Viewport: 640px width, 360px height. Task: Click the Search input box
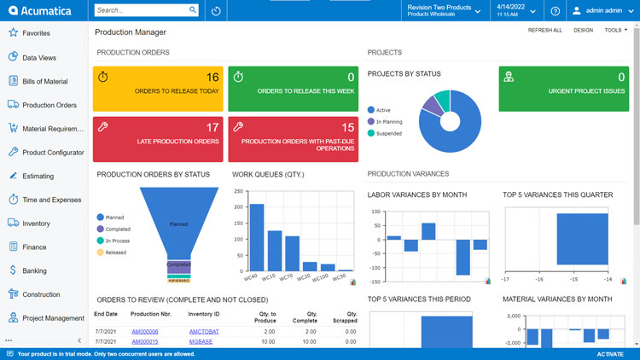141,11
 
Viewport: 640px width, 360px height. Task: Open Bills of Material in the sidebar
44,81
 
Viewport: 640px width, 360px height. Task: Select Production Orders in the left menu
49,105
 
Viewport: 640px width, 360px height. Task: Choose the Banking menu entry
34,270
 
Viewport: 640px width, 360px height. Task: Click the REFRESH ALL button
544,30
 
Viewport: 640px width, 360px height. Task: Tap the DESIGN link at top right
583,30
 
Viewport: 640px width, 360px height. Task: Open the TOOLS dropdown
614,30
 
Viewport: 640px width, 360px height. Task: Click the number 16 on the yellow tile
212,77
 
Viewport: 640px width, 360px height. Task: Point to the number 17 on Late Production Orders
212,127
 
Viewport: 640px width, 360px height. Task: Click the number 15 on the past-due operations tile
347,127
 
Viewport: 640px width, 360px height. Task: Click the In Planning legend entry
389,121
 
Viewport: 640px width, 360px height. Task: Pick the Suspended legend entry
389,133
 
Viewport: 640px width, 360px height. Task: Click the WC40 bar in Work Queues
256,237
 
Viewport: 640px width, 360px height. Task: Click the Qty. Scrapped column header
346,316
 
